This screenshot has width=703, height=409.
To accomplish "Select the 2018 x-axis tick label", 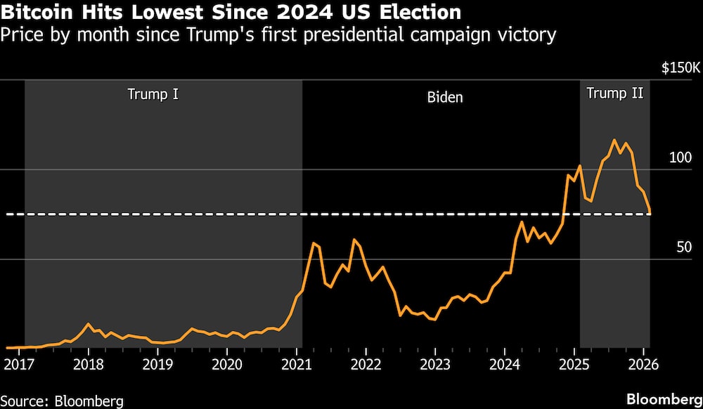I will [88, 365].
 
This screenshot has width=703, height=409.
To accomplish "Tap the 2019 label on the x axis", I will [157, 365].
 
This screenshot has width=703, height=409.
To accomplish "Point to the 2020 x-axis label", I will [227, 365].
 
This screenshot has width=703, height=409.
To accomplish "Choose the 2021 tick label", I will [297, 365].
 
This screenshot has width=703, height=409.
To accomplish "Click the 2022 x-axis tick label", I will [366, 365].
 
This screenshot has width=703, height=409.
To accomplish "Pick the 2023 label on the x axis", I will [435, 365].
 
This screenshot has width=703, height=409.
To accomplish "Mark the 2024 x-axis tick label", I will [505, 365].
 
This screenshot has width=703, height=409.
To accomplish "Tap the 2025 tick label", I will [574, 365].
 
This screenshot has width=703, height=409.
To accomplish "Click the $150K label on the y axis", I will [681, 68].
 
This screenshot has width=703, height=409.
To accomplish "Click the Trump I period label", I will [153, 93].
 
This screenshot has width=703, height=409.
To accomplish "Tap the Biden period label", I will [445, 97].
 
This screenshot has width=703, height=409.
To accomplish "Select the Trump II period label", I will [614, 93].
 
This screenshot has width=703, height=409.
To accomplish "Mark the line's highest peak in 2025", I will [614, 140].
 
